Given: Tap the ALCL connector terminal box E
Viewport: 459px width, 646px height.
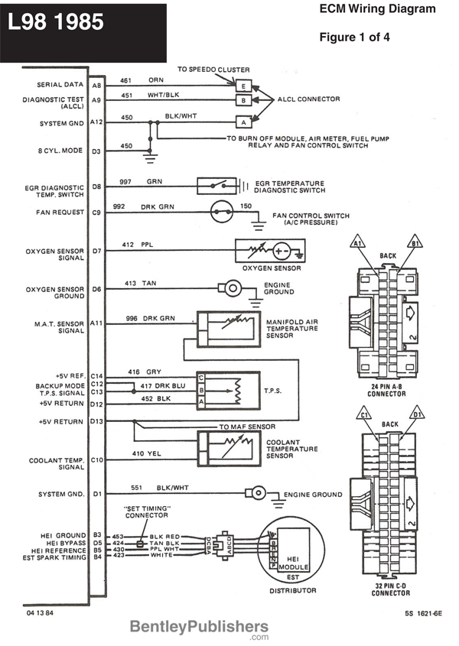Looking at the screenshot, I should tap(243, 85).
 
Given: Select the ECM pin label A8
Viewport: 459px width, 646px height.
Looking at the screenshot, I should tap(96, 85).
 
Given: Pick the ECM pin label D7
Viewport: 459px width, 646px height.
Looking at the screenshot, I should tap(96, 250).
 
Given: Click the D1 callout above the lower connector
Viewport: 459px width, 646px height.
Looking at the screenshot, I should tap(418, 414).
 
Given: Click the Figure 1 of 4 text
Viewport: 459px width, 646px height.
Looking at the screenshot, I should tap(360, 36).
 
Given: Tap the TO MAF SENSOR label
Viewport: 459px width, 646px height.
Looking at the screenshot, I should tap(247, 427).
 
